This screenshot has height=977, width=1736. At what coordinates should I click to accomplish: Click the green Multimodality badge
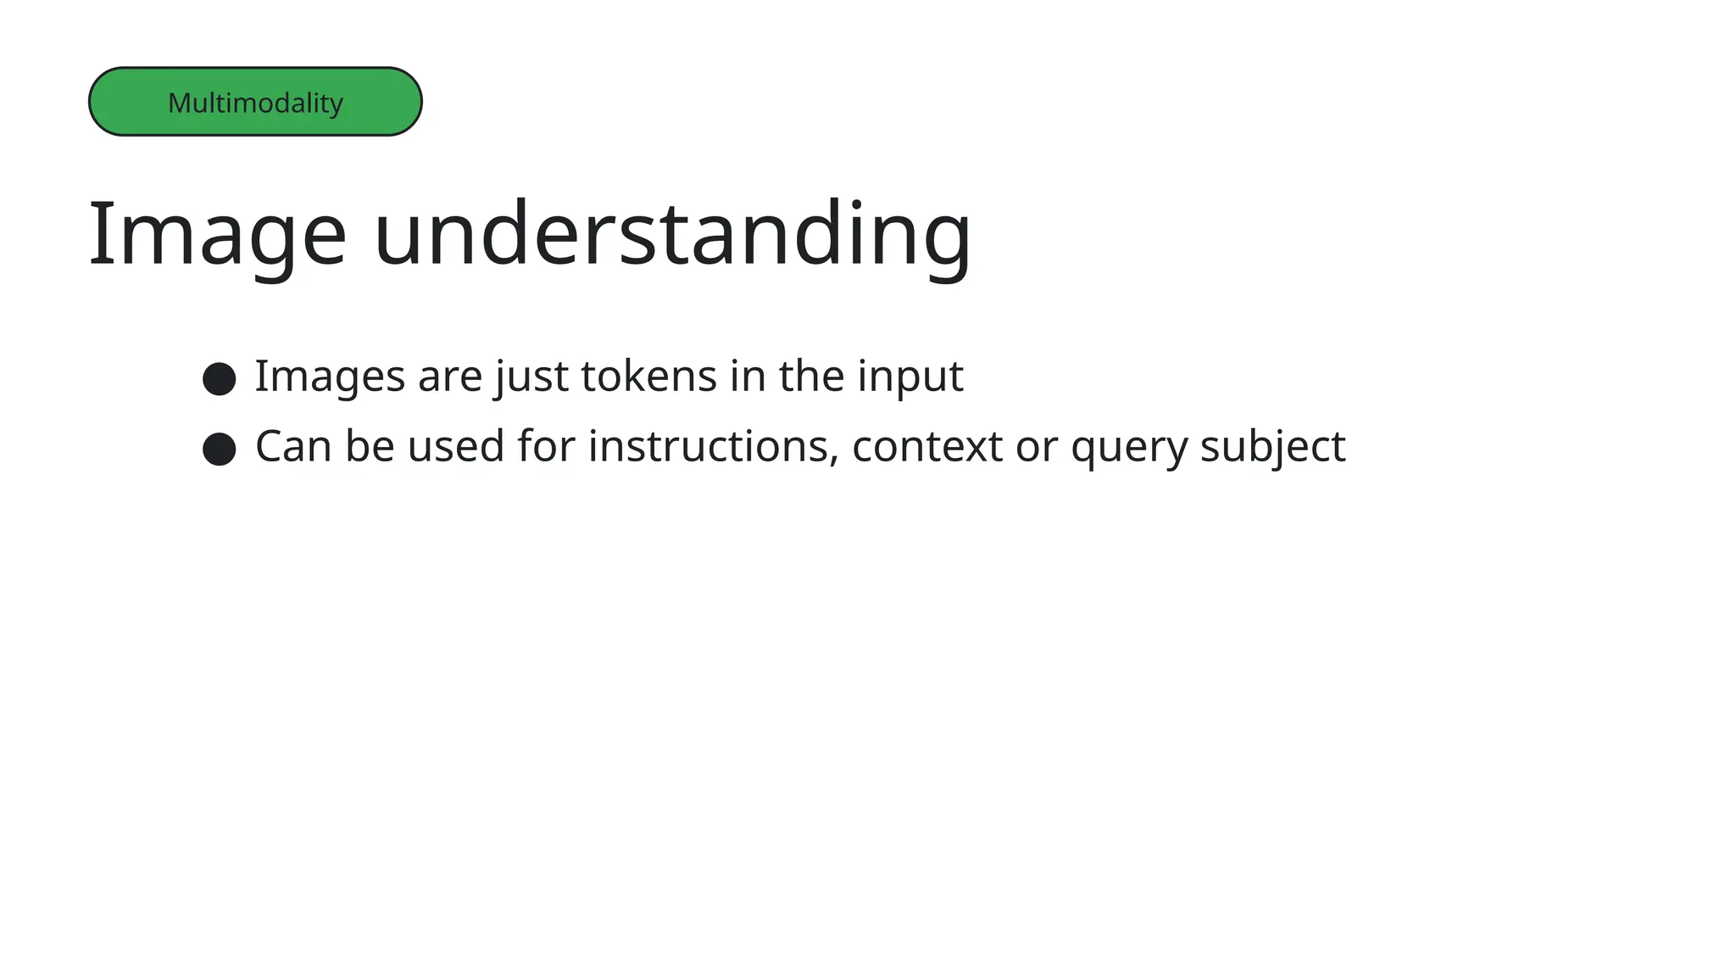255,102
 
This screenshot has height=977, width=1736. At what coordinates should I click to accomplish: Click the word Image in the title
217,234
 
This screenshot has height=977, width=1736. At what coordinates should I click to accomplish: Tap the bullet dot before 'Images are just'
220,378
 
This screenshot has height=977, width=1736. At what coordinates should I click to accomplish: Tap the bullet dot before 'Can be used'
220,449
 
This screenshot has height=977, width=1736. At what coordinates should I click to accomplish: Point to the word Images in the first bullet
330,377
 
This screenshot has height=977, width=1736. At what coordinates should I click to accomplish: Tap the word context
927,447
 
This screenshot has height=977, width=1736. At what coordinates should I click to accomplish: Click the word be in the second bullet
370,447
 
